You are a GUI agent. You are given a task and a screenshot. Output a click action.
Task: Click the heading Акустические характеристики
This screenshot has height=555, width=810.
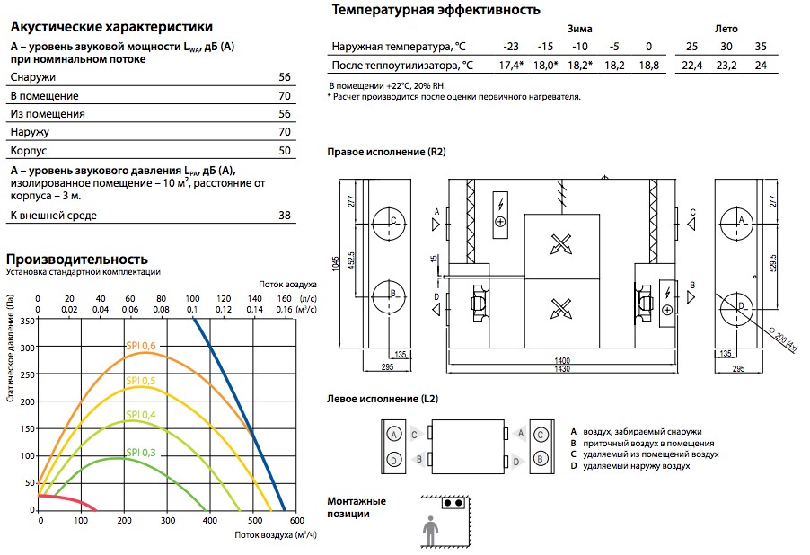[x=111, y=26]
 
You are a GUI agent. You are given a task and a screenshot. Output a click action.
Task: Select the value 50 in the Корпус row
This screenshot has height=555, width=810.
[x=285, y=150]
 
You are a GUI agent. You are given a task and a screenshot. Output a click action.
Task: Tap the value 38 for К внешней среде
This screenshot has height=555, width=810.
[x=285, y=215]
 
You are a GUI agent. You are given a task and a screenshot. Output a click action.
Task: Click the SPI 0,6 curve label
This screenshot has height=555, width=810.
[x=140, y=346]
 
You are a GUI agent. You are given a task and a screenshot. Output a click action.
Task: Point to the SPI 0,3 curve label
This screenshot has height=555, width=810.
[x=140, y=453]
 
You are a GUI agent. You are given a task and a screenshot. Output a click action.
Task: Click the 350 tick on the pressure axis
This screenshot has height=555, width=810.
[x=27, y=321]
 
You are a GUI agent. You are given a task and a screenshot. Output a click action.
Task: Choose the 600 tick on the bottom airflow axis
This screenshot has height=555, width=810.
[x=297, y=520]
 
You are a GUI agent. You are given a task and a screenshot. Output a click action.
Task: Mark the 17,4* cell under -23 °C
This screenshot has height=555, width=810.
[x=511, y=66]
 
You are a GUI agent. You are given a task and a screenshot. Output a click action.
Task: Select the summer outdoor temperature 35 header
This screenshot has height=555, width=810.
[x=761, y=47]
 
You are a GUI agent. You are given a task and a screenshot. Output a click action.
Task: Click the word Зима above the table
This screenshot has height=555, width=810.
[x=579, y=29]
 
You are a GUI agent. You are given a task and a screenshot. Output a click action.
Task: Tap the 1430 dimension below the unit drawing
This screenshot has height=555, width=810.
[x=562, y=369]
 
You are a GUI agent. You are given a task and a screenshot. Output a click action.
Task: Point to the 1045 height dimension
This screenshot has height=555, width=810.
[x=336, y=263]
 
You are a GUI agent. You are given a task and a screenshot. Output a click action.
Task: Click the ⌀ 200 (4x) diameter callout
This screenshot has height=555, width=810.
[x=783, y=339]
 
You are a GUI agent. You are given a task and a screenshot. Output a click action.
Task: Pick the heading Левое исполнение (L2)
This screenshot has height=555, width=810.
[x=383, y=399]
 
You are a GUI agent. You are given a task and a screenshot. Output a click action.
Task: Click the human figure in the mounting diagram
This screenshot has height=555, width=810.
[x=430, y=531]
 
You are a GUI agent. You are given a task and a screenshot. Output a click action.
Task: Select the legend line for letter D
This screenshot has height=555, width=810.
[x=630, y=466]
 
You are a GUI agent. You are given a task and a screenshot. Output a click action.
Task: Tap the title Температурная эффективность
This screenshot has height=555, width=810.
[x=436, y=10]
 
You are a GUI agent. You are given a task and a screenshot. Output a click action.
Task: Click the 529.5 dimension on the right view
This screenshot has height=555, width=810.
[x=773, y=263]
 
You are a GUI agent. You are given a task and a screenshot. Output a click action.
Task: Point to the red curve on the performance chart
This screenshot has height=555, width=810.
[x=67, y=499]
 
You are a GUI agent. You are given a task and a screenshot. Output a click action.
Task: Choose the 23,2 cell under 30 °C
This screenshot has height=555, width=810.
[x=726, y=66]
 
